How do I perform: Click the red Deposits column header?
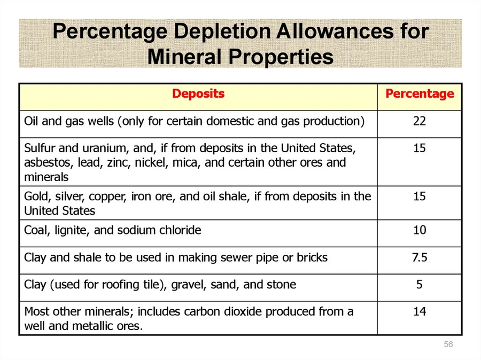(198, 94)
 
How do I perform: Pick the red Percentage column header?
(420, 94)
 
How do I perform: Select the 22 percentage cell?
(420, 121)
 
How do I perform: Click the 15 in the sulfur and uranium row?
(420, 148)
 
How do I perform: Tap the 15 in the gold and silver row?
(420, 197)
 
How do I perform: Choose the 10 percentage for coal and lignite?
(420, 231)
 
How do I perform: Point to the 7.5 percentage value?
(420, 257)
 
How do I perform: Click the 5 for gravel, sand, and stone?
(420, 285)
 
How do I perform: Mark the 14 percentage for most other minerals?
(420, 311)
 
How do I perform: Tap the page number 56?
(448, 345)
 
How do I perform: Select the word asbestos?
(45, 162)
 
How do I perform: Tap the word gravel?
(185, 285)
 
